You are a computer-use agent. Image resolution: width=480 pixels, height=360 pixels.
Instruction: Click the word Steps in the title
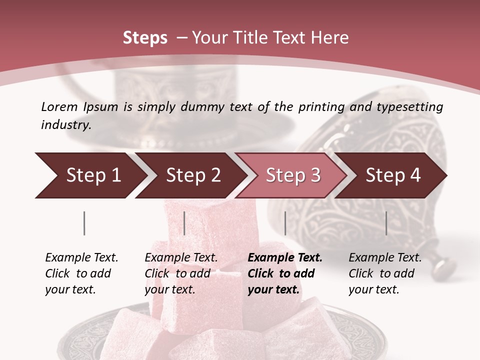click(145, 38)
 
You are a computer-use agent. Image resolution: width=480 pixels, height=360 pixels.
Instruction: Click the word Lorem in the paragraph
click(59, 106)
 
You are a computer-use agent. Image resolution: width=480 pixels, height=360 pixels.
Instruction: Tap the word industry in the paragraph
click(66, 125)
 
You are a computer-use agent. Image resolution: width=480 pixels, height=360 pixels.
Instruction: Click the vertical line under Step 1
click(84, 223)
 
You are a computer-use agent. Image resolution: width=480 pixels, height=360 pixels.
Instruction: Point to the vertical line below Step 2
click(184, 223)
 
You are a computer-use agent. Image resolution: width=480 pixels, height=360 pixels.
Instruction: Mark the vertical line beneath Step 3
click(285, 223)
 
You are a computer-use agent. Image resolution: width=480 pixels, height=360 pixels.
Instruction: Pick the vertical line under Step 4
click(386, 223)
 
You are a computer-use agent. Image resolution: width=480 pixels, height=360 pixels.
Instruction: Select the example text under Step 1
click(81, 273)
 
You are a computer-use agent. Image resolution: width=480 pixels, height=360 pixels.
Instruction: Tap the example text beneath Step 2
click(181, 273)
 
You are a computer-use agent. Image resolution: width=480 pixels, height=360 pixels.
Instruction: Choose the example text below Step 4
click(385, 273)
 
